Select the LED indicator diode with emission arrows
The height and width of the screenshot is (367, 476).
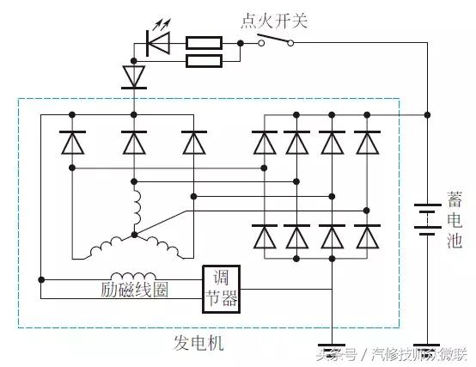tap(158, 40)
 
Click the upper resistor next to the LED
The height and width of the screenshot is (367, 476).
tap(204, 41)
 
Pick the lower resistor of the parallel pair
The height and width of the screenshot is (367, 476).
tap(204, 60)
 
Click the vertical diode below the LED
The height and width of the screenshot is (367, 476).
tap(132, 76)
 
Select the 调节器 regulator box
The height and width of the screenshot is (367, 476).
tap(221, 288)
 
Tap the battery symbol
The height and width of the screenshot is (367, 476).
tap(426, 218)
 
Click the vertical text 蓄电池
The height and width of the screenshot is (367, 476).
tap(455, 218)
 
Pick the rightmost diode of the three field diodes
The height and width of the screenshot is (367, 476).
tap(194, 143)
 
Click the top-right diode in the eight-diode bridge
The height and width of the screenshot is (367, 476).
tap(367, 142)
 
